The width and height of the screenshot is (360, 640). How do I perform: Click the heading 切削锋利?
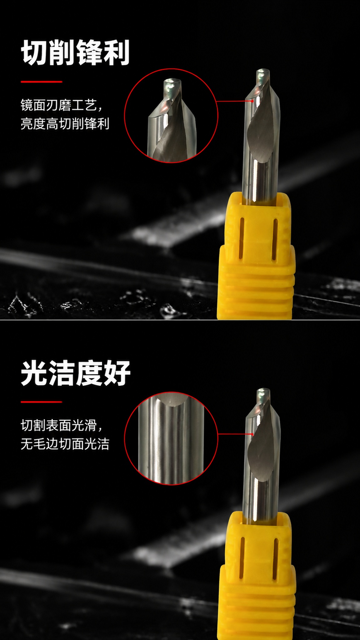point(75,52)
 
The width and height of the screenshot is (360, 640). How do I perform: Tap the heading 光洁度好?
point(75,373)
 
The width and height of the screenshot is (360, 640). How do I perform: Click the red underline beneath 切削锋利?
point(42,82)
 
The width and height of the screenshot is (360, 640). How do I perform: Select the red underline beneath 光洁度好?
point(42,402)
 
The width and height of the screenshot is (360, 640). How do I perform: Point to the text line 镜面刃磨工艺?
point(62,105)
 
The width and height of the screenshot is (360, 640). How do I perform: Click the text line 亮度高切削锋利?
point(65,124)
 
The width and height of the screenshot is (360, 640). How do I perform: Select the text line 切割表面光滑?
point(62,425)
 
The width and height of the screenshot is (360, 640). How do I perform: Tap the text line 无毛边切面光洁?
point(65,444)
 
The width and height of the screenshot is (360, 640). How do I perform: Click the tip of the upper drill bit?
point(263,71)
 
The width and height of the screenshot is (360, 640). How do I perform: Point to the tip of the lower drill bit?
point(263,390)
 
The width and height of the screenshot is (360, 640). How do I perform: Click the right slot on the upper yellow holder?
point(275,239)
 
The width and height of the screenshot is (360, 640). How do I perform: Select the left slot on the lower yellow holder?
point(242,558)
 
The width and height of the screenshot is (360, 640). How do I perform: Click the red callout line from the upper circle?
point(235,101)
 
